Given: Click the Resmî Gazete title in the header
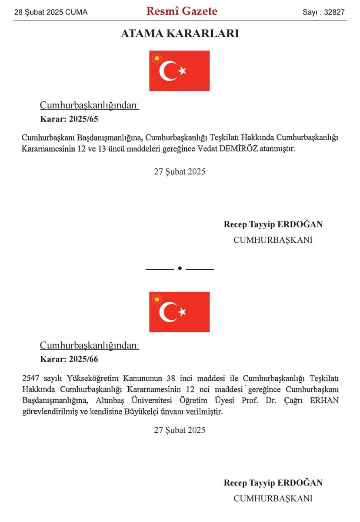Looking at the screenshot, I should [182, 11].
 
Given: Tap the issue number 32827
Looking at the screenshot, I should [335, 12].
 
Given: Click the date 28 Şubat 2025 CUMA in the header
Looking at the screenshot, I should [51, 12].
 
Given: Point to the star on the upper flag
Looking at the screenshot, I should [182, 70].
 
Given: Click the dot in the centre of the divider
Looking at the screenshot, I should [180, 268].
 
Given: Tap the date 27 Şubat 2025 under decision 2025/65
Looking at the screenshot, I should [180, 171].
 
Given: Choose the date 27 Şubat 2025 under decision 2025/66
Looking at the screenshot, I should [180, 430].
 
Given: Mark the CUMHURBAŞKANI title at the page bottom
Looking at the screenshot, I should [273, 499].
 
